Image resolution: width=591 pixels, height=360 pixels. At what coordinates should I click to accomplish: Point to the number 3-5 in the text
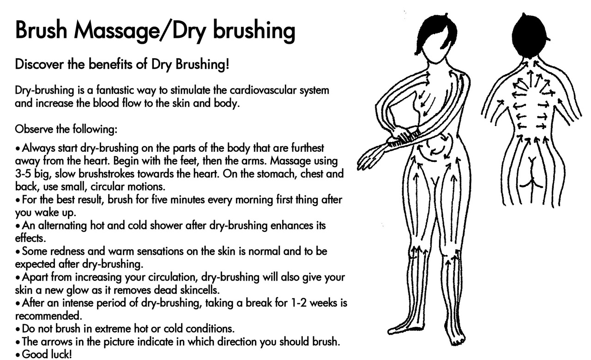(23, 174)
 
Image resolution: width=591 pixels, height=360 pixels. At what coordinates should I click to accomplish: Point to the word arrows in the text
(56, 342)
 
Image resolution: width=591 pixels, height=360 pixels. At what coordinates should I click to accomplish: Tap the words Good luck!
(47, 354)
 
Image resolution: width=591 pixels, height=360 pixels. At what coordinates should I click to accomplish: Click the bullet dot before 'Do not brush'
(18, 330)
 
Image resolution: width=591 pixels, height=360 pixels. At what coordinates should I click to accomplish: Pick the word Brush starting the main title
(41, 30)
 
